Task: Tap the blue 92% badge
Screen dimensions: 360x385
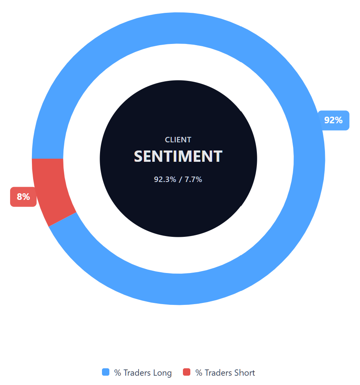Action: tap(334, 120)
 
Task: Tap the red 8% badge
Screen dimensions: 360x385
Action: tap(23, 197)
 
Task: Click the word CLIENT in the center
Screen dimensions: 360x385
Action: tap(178, 140)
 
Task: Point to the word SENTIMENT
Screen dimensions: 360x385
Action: tap(178, 156)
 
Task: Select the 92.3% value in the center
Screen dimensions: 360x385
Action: tap(165, 180)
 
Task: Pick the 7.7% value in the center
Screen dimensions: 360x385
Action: tap(193, 180)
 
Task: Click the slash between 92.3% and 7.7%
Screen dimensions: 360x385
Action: tap(180, 180)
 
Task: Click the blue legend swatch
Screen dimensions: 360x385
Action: tap(106, 372)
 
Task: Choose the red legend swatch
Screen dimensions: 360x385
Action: tap(187, 372)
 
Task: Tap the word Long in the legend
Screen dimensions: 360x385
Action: tap(162, 373)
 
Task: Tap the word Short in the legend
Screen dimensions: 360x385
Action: tap(244, 373)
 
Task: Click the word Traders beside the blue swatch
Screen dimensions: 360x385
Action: tap(137, 373)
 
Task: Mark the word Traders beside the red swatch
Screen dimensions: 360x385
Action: tap(218, 373)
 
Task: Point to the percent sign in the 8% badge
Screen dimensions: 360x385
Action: tap(26, 197)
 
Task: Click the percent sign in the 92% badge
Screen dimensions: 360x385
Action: tap(339, 120)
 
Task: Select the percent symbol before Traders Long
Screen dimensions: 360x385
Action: tap(118, 373)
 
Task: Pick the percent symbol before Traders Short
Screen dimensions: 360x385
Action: tap(198, 373)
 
